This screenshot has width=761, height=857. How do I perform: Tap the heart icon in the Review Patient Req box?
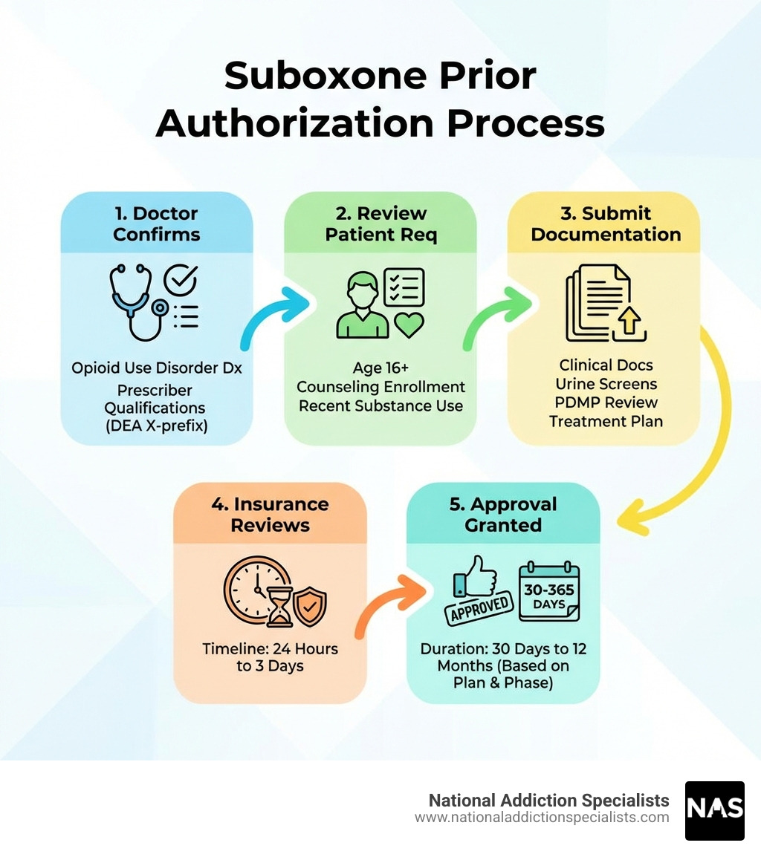409,324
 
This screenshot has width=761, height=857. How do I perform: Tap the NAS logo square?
714,810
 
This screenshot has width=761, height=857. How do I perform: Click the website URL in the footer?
542,818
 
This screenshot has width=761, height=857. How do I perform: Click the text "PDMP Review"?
606,403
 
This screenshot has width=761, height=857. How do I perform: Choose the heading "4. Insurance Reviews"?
270,514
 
